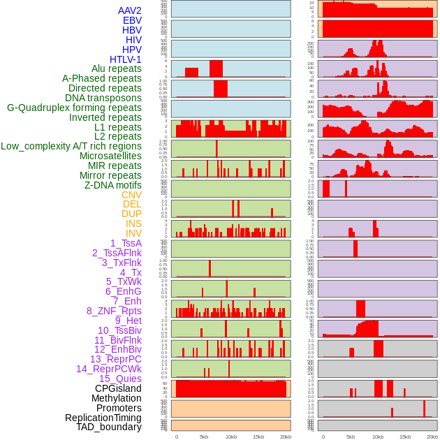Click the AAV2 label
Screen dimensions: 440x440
[x=129, y=11]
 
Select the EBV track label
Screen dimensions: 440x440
[x=131, y=21]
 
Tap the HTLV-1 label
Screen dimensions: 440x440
[x=125, y=59]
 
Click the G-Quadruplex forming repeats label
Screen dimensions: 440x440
[x=74, y=108]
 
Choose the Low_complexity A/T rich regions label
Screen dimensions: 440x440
[x=71, y=146]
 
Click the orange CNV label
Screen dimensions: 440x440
[x=131, y=195]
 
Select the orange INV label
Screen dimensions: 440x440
[x=133, y=233]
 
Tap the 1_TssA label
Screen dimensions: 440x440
[x=126, y=243]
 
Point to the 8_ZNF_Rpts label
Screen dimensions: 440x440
[x=114, y=311]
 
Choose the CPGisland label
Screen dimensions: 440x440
[x=118, y=388]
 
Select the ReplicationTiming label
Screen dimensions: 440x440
[x=103, y=418]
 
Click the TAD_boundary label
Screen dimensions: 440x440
[x=109, y=427]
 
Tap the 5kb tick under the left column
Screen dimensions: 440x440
[x=204, y=437]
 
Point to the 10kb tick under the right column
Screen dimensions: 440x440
[x=378, y=437]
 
